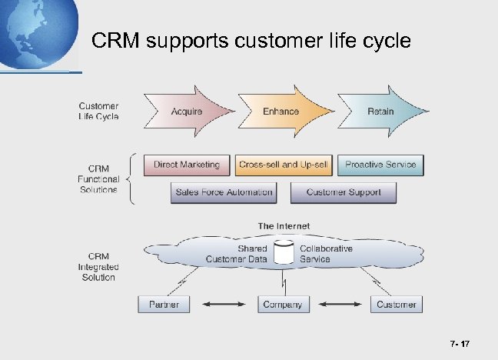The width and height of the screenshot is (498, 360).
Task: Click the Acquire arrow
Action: [x=187, y=112]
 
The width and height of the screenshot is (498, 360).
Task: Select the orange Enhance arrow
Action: [x=281, y=112]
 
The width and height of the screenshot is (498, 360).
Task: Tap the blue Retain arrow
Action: [x=380, y=112]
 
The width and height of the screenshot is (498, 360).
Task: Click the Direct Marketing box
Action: [x=187, y=165]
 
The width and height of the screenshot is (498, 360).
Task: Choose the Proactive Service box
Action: [x=380, y=165]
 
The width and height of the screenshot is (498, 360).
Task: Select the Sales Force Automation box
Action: [x=224, y=192]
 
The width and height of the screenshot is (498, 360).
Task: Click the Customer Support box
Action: [x=344, y=192]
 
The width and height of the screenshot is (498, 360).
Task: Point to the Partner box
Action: [x=164, y=305]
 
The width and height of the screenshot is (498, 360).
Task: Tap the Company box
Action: [x=282, y=305]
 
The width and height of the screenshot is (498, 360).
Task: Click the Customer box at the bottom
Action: [x=396, y=305]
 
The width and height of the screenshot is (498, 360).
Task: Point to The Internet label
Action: [x=284, y=226]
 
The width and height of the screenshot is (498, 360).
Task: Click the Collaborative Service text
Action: [x=326, y=254]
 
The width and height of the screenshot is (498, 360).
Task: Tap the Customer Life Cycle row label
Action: [x=98, y=112]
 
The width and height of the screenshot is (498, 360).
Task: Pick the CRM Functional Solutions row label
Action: [x=98, y=178]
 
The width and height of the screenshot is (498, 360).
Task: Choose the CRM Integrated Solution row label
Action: [x=98, y=266]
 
